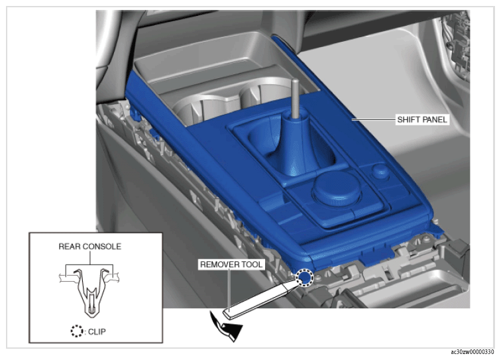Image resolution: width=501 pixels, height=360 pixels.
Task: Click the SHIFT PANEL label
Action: tap(421, 119)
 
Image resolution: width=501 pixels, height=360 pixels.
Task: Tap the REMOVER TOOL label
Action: tap(231, 265)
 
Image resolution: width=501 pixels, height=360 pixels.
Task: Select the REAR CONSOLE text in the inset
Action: tap(89, 247)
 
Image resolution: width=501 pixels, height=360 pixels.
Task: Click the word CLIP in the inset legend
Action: tap(97, 331)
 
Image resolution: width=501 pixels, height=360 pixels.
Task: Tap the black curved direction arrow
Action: tap(226, 326)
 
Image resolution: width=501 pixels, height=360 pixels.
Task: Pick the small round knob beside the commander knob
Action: tap(381, 171)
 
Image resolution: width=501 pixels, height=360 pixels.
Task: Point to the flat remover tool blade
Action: tap(260, 299)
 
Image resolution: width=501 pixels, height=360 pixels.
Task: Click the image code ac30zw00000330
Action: tap(473, 352)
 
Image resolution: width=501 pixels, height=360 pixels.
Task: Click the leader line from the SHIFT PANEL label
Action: tap(374, 119)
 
